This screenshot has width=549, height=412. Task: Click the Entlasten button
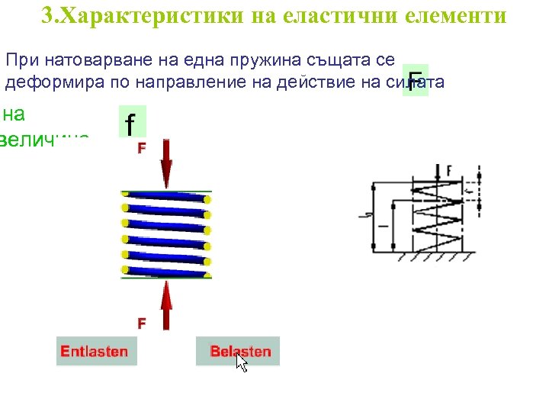point(94,352)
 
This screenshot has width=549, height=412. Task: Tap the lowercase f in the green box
point(132,123)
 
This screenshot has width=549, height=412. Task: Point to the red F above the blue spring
point(142,148)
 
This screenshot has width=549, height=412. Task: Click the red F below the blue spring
point(142,323)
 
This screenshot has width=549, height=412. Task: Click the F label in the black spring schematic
point(448,169)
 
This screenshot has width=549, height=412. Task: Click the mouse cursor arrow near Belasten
point(241,362)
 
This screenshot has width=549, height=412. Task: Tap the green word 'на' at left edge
point(14,114)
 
